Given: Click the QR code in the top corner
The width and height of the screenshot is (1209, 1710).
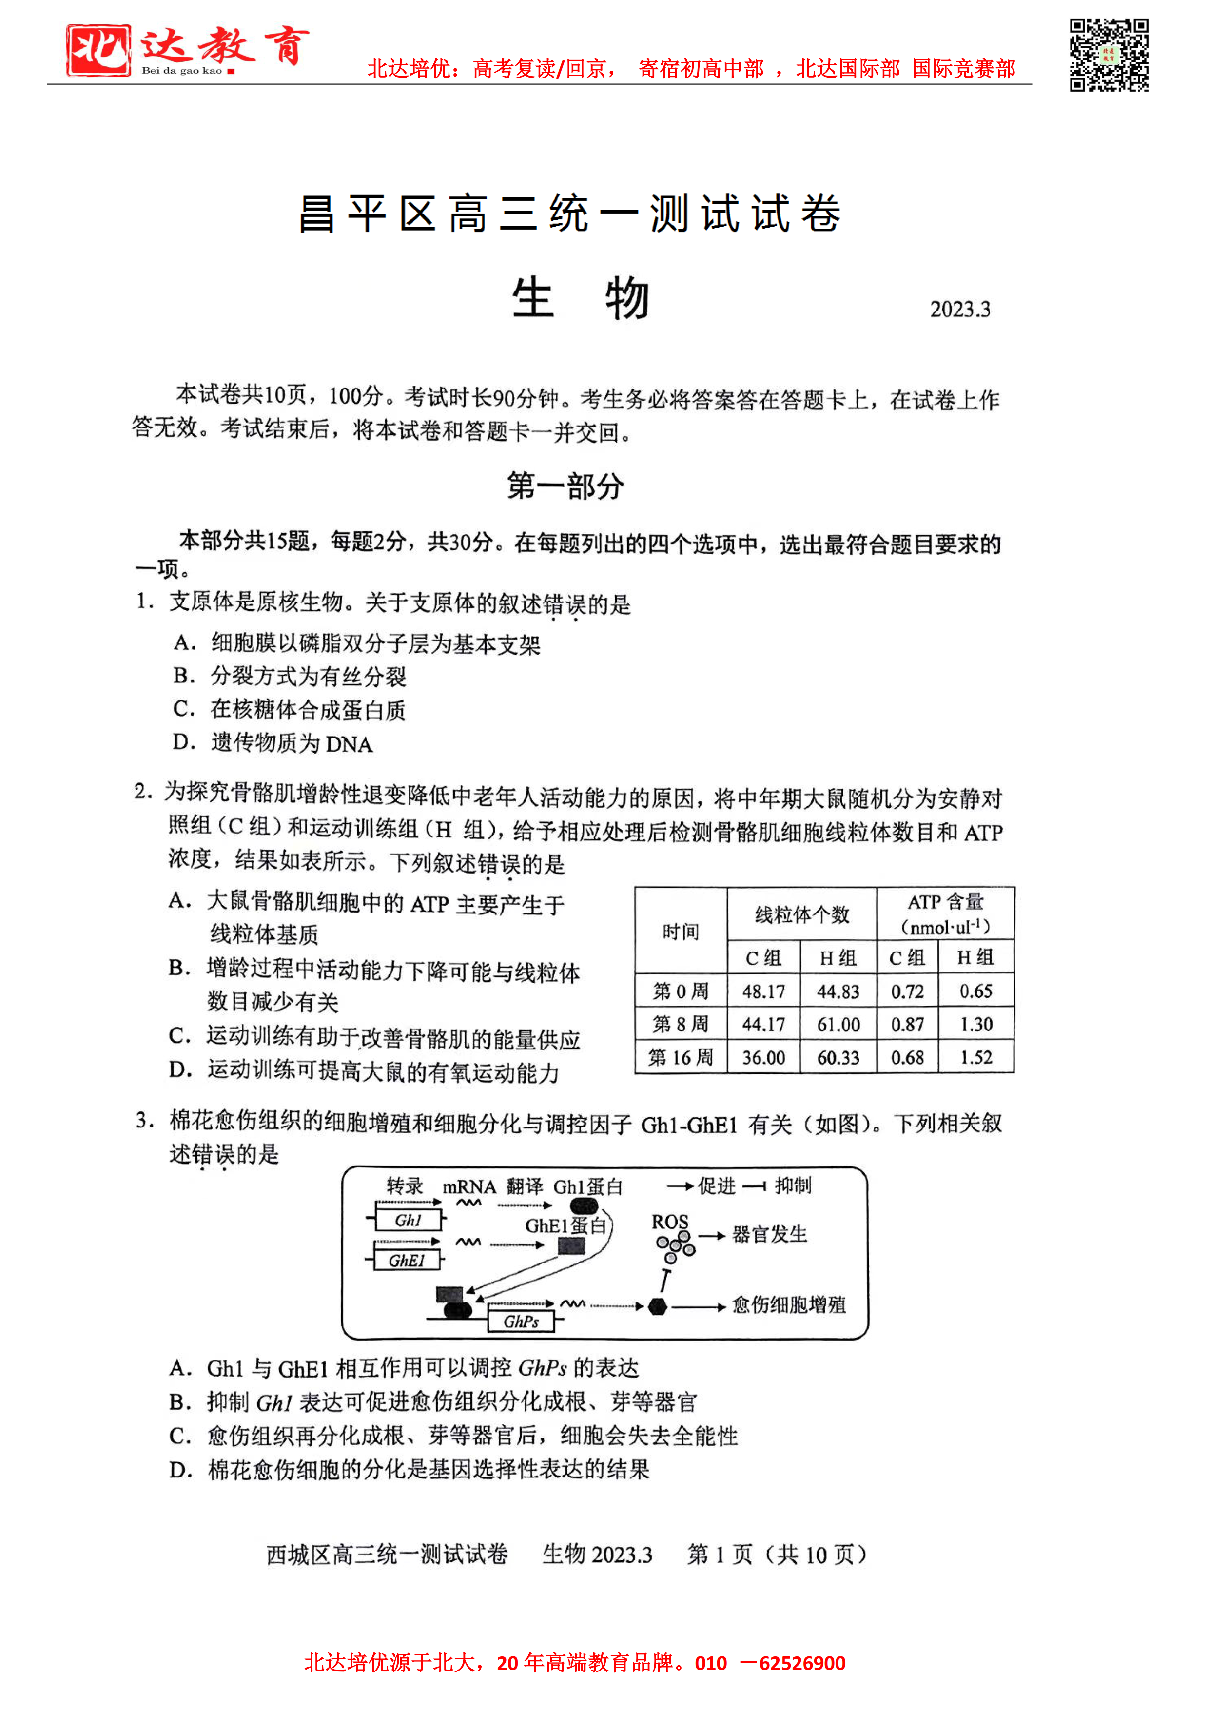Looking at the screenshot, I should [1109, 55].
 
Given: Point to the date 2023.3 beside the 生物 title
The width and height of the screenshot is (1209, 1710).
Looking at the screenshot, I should [959, 309].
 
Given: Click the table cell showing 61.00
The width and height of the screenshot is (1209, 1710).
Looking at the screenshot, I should [838, 1024].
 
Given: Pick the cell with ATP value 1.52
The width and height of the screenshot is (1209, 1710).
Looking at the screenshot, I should [976, 1058].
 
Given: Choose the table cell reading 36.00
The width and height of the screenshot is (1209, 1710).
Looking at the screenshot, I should [763, 1058].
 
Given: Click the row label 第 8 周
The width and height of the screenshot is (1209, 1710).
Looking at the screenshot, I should [680, 1024].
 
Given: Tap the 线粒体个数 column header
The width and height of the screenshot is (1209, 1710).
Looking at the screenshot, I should [801, 914].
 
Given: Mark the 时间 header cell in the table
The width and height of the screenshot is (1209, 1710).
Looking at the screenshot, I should [680, 931].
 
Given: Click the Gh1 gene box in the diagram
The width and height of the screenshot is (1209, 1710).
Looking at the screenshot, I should [408, 1220].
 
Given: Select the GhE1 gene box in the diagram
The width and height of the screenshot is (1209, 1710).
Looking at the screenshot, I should [406, 1260].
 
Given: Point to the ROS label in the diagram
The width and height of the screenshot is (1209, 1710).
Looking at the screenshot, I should [670, 1222].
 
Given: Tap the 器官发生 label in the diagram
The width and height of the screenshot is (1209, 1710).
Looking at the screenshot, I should [769, 1235].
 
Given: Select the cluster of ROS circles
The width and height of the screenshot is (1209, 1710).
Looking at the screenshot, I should [675, 1245].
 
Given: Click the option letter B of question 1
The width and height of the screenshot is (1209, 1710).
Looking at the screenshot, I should [183, 676].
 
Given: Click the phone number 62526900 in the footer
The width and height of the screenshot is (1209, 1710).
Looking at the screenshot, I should [802, 1663].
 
